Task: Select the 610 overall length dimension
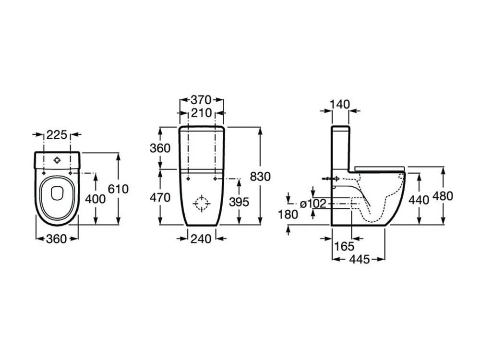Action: pos(118,189)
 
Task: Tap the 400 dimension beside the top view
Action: pos(95,199)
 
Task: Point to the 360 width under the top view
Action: pos(56,239)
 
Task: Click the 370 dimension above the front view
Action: pos(201,100)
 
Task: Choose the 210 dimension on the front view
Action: pos(201,113)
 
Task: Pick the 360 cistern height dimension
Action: pos(160,148)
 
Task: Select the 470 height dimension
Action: pos(160,197)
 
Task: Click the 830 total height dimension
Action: pos(260,177)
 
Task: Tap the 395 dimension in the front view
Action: pos(239,202)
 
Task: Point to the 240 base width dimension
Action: pos(201,239)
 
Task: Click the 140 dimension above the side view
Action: pos(340,104)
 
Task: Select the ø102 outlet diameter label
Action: pos(313,204)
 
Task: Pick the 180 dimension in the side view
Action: pos(288,215)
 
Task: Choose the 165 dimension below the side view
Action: pos(344,246)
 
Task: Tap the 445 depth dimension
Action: pos(360,259)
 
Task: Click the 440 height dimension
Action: pos(419,200)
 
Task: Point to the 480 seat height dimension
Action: pos(443,196)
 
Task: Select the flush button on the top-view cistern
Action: pos(57,160)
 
